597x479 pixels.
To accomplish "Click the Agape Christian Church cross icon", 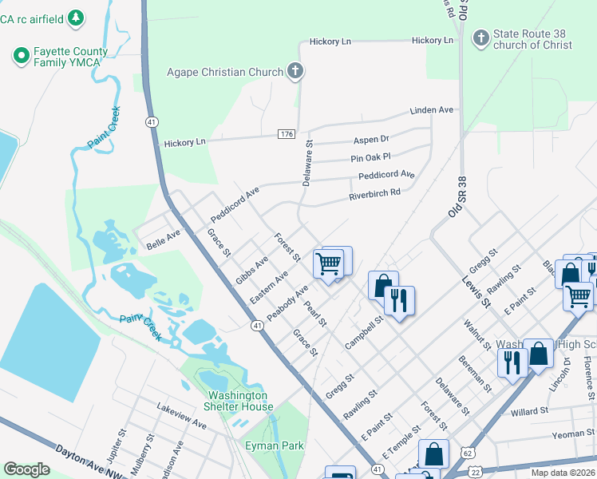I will coord(295,72).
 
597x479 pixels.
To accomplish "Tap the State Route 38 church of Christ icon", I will coord(480,38).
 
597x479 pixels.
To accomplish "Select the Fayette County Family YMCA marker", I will coord(21,56).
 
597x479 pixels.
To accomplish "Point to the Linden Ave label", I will coord(431,110).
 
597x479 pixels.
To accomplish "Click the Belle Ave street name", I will coord(164,238).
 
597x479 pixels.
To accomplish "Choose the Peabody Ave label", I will coord(287,303).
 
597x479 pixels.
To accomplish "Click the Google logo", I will coord(27,469).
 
